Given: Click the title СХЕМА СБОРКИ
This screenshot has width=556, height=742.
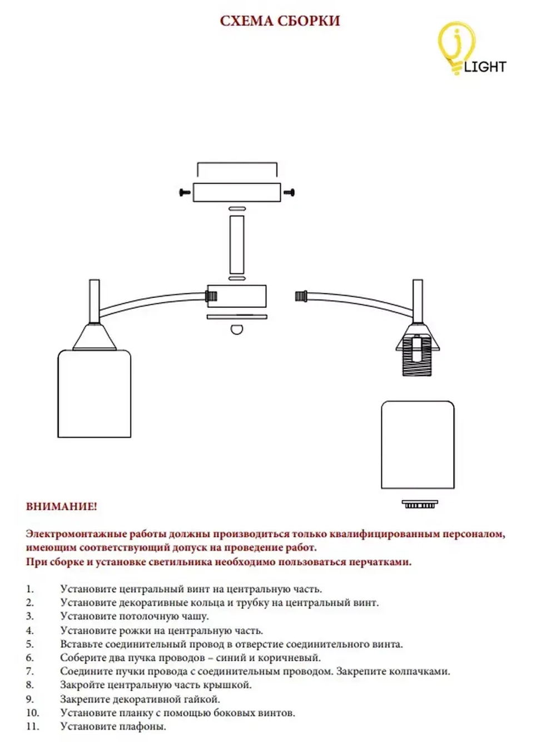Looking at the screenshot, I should pos(280,21).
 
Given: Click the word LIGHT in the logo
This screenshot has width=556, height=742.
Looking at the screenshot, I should pos(485,67).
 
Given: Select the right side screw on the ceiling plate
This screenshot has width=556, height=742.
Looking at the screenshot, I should pos(289,193).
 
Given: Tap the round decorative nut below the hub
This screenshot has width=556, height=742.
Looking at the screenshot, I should pos(237,329).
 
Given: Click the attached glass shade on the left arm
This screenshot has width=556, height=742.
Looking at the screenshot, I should pos(95,394).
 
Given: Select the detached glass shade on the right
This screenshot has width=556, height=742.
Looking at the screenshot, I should pos(418,445).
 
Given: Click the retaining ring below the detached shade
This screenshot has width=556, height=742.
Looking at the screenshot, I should pos(420,504).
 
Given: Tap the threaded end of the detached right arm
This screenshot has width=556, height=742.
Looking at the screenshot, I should pos(302,296).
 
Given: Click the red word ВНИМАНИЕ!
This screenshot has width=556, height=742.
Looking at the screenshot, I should pos(61,507).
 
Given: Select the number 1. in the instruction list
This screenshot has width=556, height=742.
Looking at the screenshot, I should pos(30,589).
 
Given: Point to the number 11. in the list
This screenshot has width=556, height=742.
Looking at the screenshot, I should pos(32,726).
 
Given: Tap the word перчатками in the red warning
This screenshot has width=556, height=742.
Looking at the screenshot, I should pos(380,562).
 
